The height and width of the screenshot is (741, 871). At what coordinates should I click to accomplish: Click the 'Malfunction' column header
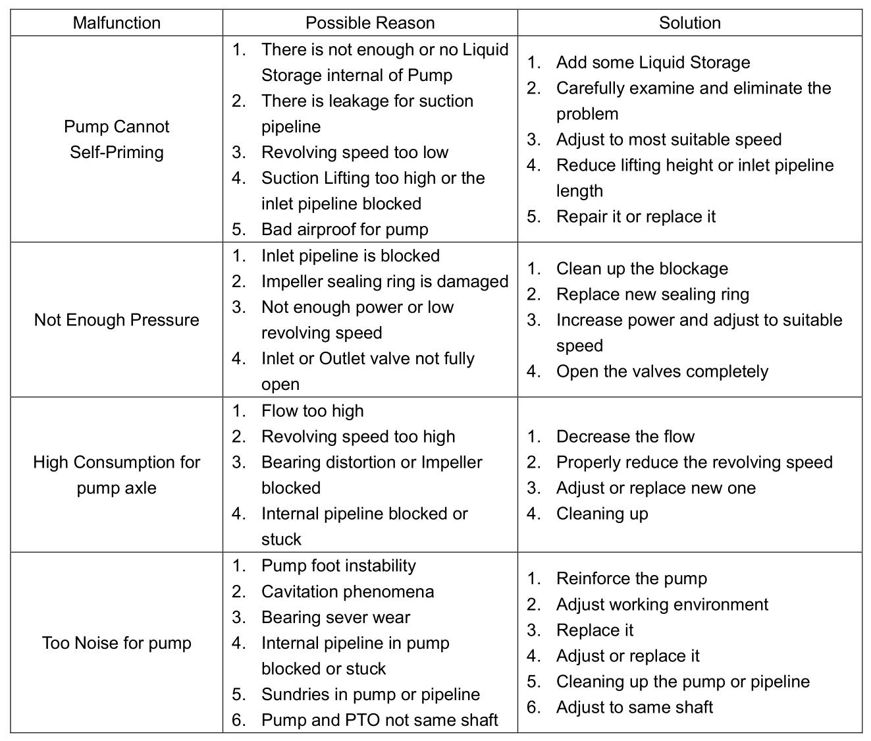coord(117,23)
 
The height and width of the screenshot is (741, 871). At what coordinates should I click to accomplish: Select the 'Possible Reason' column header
coord(370,23)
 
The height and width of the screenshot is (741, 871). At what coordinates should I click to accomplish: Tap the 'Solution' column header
coord(689,23)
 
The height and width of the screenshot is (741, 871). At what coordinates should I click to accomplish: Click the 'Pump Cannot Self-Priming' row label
coord(117,139)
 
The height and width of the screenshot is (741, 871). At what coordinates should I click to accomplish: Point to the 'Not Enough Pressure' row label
coord(117,319)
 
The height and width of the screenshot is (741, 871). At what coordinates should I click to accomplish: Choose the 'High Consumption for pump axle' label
coord(117,474)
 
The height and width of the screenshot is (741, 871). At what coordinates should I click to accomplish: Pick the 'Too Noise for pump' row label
coord(117,643)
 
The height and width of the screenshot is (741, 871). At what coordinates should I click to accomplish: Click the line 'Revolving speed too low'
coord(354,152)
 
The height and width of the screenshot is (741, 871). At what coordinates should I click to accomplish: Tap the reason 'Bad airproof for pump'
coord(344,229)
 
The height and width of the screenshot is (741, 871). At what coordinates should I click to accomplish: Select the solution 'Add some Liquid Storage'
coord(652,63)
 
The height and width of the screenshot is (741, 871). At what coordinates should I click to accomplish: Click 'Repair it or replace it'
coord(635,217)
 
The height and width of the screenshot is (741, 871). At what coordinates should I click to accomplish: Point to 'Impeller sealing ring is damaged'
coord(384,281)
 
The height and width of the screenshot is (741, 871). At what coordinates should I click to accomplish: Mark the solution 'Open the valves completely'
coord(662,371)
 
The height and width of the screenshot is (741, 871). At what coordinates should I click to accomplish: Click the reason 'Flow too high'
coord(312,411)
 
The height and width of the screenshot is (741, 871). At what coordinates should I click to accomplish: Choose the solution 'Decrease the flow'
coord(625,437)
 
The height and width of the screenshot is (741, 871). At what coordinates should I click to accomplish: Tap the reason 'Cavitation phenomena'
coord(348,591)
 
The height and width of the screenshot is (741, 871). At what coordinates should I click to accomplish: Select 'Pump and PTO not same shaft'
coord(379,720)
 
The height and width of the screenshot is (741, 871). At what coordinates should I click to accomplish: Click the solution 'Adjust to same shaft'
coord(634,707)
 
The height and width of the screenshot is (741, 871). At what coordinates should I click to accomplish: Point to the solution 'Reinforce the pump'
coord(631,578)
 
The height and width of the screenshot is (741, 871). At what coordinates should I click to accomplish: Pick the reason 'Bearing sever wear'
coord(335,617)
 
